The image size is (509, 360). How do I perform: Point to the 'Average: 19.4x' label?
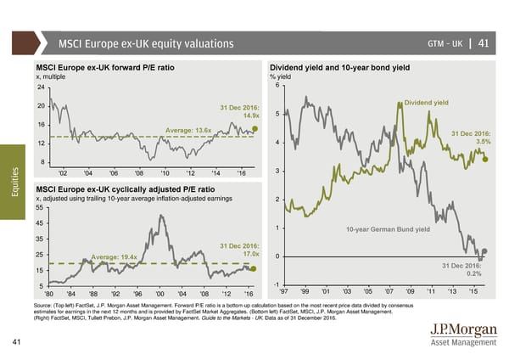point(115,257)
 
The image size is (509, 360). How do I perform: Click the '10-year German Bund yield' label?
point(389,229)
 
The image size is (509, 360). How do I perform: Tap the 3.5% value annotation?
point(482,142)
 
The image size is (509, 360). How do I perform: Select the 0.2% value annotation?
point(474,273)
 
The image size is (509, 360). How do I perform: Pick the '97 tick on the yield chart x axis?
point(285,292)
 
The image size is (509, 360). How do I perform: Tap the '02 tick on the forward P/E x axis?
point(64,172)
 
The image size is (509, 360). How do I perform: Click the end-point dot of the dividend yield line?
point(485,158)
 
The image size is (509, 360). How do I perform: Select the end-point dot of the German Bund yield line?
point(484,251)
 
